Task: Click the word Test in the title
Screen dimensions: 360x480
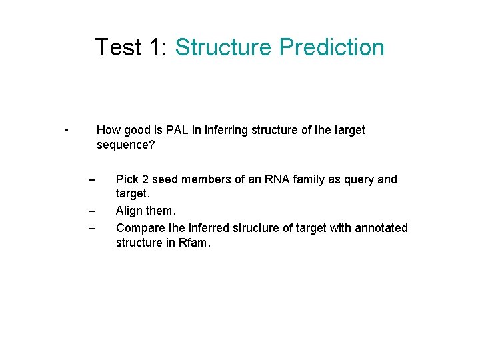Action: pyautogui.click(x=118, y=47)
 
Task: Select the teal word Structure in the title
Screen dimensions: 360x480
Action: pyautogui.click(x=223, y=47)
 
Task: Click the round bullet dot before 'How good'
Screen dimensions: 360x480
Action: pyautogui.click(x=68, y=130)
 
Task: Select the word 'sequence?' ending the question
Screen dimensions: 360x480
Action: pyautogui.click(x=125, y=145)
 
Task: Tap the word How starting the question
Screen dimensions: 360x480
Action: pyautogui.click(x=109, y=130)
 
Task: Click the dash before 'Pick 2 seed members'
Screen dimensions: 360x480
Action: pyautogui.click(x=92, y=179)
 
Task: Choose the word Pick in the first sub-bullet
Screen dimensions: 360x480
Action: pyautogui.click(x=128, y=179)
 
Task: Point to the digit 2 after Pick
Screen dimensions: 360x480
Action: pyautogui.click(x=147, y=179)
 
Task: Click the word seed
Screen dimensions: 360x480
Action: pyautogui.click(x=166, y=179)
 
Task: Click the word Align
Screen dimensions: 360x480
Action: pyautogui.click(x=130, y=211)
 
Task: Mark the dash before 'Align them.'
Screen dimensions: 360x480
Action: pyautogui.click(x=92, y=211)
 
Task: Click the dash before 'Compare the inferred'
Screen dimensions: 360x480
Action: pyautogui.click(x=92, y=228)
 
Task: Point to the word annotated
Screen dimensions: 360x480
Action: pyautogui.click(x=381, y=228)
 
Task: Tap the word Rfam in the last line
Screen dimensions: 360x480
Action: pyautogui.click(x=193, y=243)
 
